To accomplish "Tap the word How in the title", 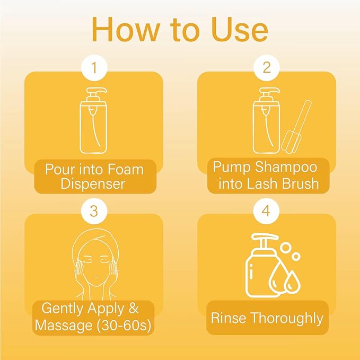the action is (125, 30).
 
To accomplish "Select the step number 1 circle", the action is (94, 68).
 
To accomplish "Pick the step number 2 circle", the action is (266, 68).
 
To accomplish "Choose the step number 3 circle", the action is (94, 211).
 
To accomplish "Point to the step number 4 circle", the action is (266, 211).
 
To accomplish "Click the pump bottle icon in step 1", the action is (94, 121).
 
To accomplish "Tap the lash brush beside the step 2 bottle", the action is (296, 127).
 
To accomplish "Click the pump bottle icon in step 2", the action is (266, 121).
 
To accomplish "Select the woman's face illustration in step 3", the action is (95, 264).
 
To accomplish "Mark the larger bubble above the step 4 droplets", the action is (286, 248).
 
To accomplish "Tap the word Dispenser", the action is (93, 184).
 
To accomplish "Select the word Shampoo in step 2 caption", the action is (286, 168).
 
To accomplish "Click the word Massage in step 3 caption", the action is (64, 325).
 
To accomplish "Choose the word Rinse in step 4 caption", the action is (229, 318).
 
